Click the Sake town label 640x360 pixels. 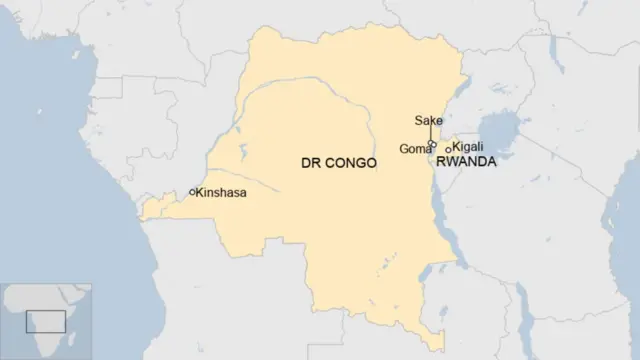[429, 121]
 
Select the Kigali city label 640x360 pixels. [468, 146]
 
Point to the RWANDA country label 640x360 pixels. [466, 161]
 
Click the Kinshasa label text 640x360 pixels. [222, 192]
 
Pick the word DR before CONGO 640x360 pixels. [310, 161]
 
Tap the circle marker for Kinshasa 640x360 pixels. [192, 192]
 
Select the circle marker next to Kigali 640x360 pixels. [448, 150]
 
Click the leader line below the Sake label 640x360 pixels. [431, 134]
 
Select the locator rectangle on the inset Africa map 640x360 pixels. [46, 321]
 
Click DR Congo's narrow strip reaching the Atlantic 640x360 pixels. [155, 208]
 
